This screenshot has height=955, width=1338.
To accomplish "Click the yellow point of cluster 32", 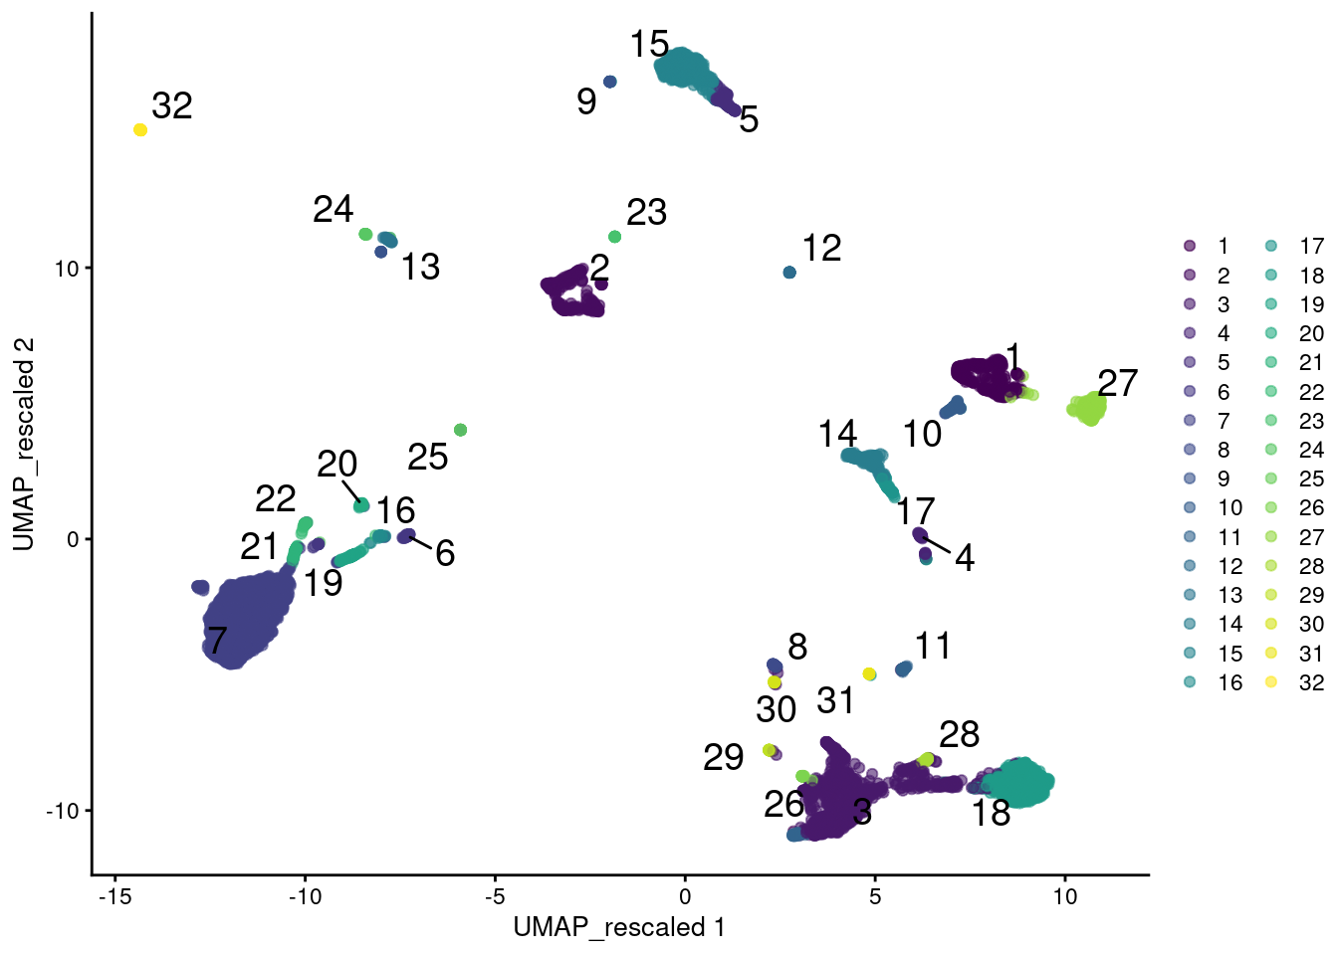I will (x=140, y=130).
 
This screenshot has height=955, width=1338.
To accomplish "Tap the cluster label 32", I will (x=172, y=105).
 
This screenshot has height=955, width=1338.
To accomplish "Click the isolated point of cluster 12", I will (x=789, y=273).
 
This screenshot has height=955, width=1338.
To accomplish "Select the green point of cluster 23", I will (x=615, y=237).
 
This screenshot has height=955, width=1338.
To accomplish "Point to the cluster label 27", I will (x=1118, y=383).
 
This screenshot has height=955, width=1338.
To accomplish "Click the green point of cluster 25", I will (x=460, y=430).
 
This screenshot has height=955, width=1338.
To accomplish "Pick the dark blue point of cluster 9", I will (x=610, y=82).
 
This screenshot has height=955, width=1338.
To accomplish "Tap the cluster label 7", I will (x=217, y=640).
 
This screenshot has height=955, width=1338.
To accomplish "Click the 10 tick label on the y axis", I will (x=67, y=269).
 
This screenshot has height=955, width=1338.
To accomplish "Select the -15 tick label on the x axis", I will (x=115, y=896).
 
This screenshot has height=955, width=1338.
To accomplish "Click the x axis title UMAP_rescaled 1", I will (x=619, y=928).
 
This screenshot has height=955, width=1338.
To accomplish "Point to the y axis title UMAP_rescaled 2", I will (x=24, y=444).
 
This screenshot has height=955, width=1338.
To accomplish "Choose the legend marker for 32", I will (x=1271, y=682).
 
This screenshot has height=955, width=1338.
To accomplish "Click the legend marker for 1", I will (x=1190, y=246).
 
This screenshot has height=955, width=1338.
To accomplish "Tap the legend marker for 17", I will (x=1271, y=246).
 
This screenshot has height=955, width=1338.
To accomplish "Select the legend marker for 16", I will (x=1190, y=682).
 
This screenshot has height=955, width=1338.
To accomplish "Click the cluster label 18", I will (x=992, y=813).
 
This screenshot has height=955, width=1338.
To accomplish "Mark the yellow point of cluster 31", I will (x=869, y=674).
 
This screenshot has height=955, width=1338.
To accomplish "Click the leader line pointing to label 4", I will (x=937, y=547).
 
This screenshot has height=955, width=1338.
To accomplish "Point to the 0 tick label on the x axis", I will (x=685, y=896).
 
